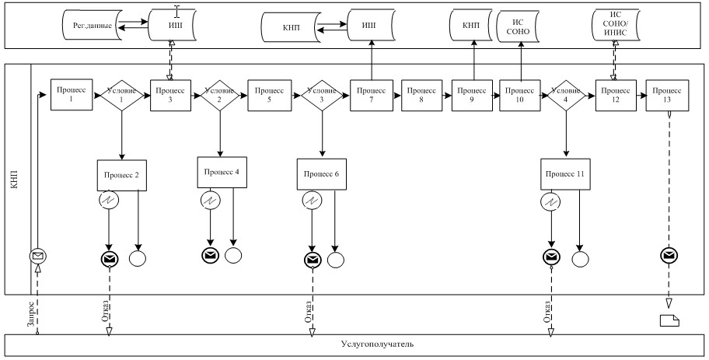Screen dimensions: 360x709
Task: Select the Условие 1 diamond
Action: click(122, 96)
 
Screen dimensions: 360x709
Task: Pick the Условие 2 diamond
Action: click(220, 96)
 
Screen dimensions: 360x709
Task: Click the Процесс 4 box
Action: click(221, 171)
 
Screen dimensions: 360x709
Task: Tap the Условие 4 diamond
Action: click(566, 96)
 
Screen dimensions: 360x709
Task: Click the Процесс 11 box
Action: click(566, 175)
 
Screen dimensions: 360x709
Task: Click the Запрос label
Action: click(30, 312)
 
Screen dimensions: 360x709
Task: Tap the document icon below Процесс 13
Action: click(669, 320)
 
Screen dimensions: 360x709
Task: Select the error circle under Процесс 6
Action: click(311, 201)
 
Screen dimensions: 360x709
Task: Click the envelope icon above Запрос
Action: click(37, 257)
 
